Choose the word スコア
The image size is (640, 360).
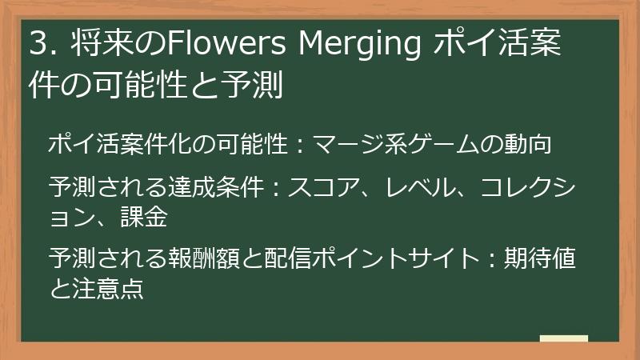pyautogui.click(x=326, y=190)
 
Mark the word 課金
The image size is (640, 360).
pyautogui.click(x=143, y=216)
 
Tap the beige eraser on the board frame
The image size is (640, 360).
pyautogui.click(x=563, y=339)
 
